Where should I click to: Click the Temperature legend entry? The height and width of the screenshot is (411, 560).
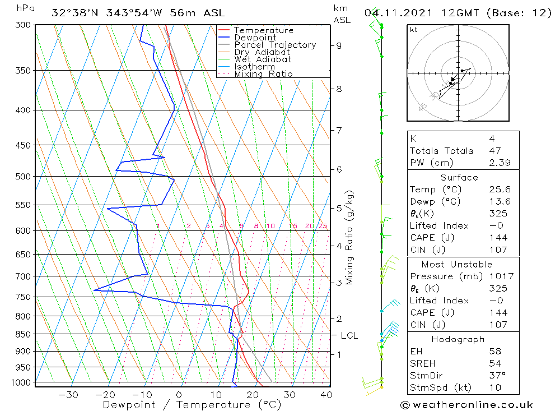[x=263, y=30]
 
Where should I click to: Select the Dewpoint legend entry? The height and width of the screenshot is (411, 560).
[x=255, y=38]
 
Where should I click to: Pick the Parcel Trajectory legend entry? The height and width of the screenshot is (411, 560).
[x=275, y=45]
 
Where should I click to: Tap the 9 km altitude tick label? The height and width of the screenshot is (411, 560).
[x=339, y=45]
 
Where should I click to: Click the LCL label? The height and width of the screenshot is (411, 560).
[x=349, y=335]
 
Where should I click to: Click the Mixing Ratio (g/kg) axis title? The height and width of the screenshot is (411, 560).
[x=350, y=237]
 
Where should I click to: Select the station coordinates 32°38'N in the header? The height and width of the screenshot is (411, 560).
[x=76, y=13]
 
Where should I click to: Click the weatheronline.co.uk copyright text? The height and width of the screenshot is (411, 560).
[x=466, y=405]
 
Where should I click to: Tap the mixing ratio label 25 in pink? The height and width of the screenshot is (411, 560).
[x=323, y=226]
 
